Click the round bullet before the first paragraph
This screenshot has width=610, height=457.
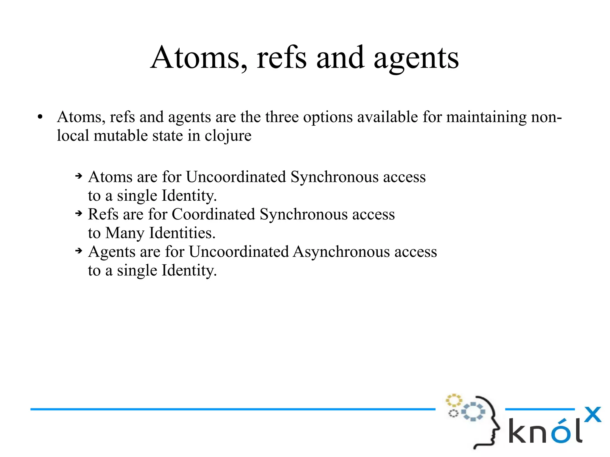pos(40,117)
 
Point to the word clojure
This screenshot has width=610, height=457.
pos(228,136)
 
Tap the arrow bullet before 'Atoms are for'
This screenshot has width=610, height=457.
pos(79,176)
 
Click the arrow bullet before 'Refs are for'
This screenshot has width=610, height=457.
pos(79,213)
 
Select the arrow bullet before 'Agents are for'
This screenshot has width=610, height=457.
pos(79,251)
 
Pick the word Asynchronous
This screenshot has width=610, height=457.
pos(341,252)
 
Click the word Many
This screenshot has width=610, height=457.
pos(125,233)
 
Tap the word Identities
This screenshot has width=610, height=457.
pos(182,233)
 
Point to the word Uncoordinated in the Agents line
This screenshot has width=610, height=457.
pos(239,252)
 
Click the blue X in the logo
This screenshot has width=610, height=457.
pos(592,414)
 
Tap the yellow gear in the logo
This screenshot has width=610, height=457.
pos(453,401)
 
